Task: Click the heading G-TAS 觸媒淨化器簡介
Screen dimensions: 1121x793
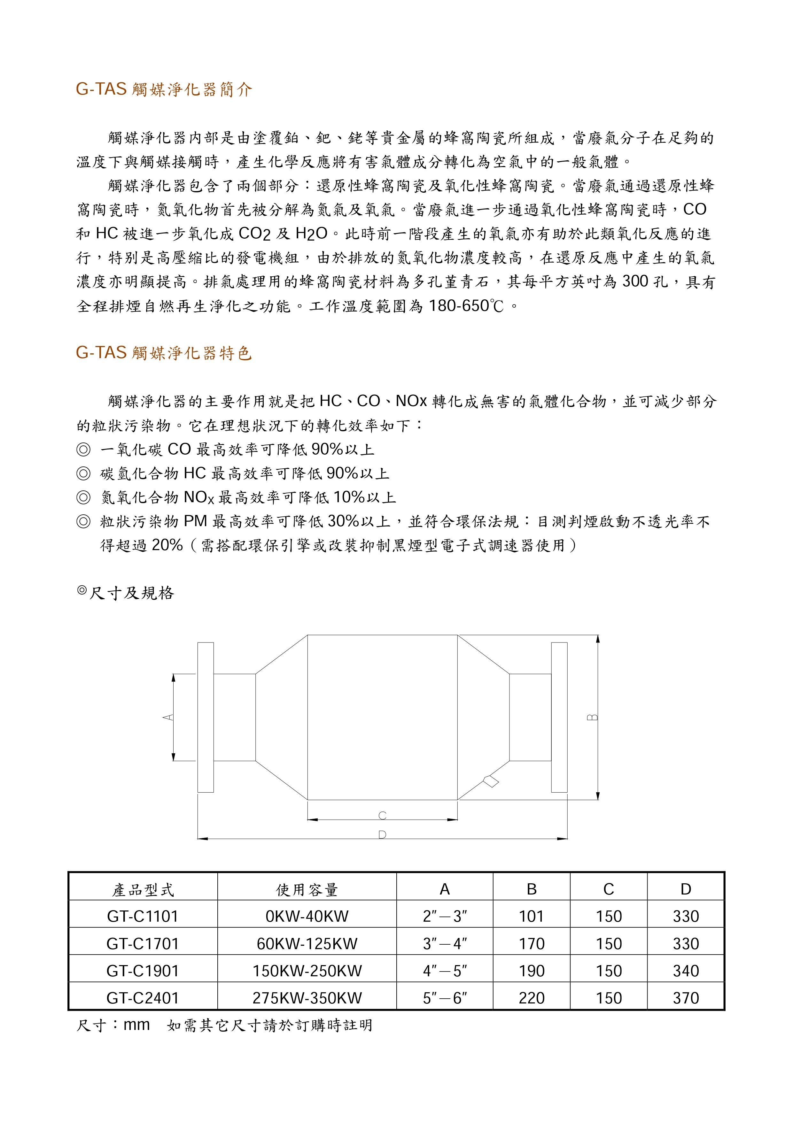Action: click(x=164, y=89)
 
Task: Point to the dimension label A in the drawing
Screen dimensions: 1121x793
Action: click(x=167, y=717)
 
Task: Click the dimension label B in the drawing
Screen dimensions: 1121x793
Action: click(x=592, y=717)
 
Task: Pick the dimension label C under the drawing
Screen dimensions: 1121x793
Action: click(x=382, y=815)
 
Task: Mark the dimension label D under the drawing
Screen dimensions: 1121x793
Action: click(x=382, y=834)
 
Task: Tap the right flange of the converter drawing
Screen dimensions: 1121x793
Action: click(x=559, y=717)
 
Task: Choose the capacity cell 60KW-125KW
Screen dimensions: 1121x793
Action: click(x=307, y=943)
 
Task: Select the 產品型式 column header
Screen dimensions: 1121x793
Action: click(x=143, y=890)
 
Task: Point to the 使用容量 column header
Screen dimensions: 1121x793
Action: click(x=307, y=890)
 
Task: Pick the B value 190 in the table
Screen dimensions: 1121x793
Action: click(x=531, y=971)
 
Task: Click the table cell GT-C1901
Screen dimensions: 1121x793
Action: click(x=143, y=971)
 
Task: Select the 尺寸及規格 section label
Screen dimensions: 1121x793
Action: click(x=131, y=593)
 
